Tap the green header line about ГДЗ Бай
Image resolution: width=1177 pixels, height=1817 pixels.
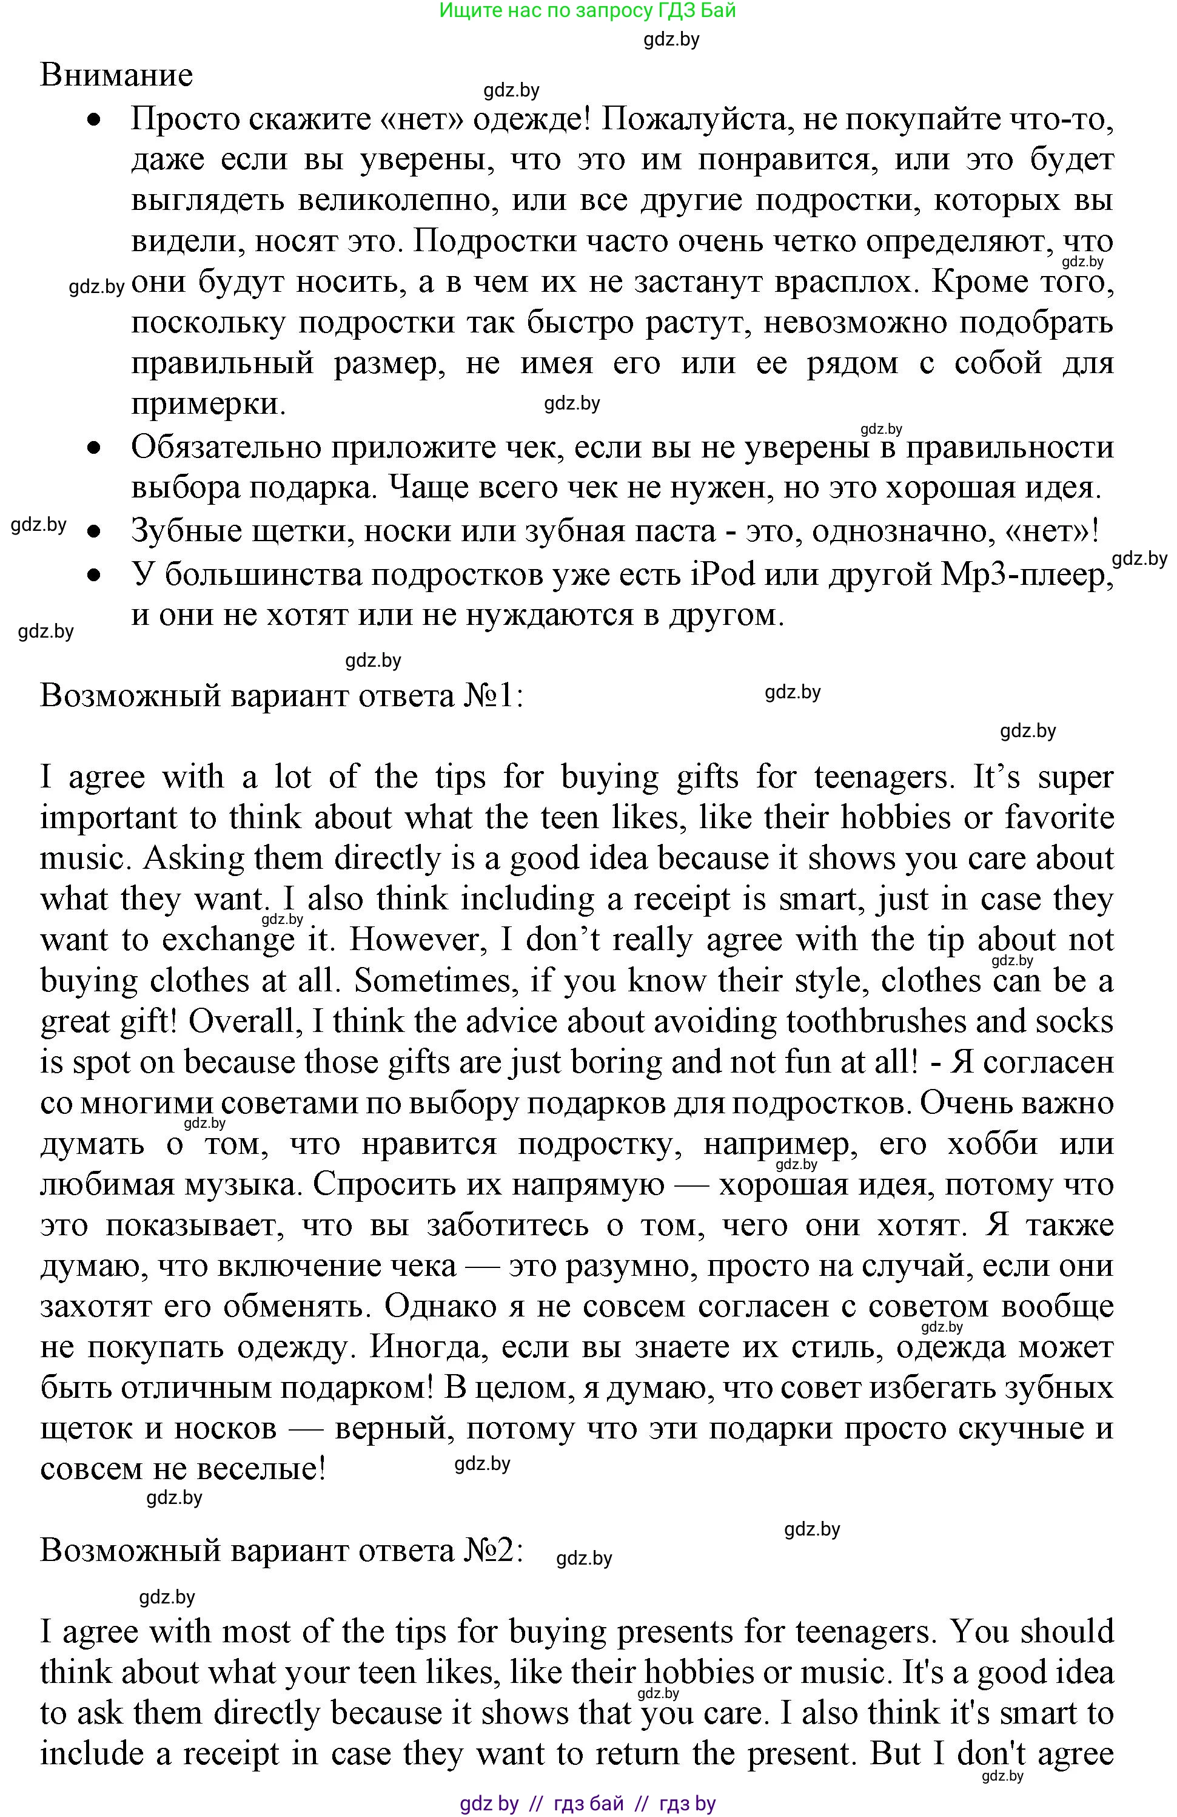tap(588, 11)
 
